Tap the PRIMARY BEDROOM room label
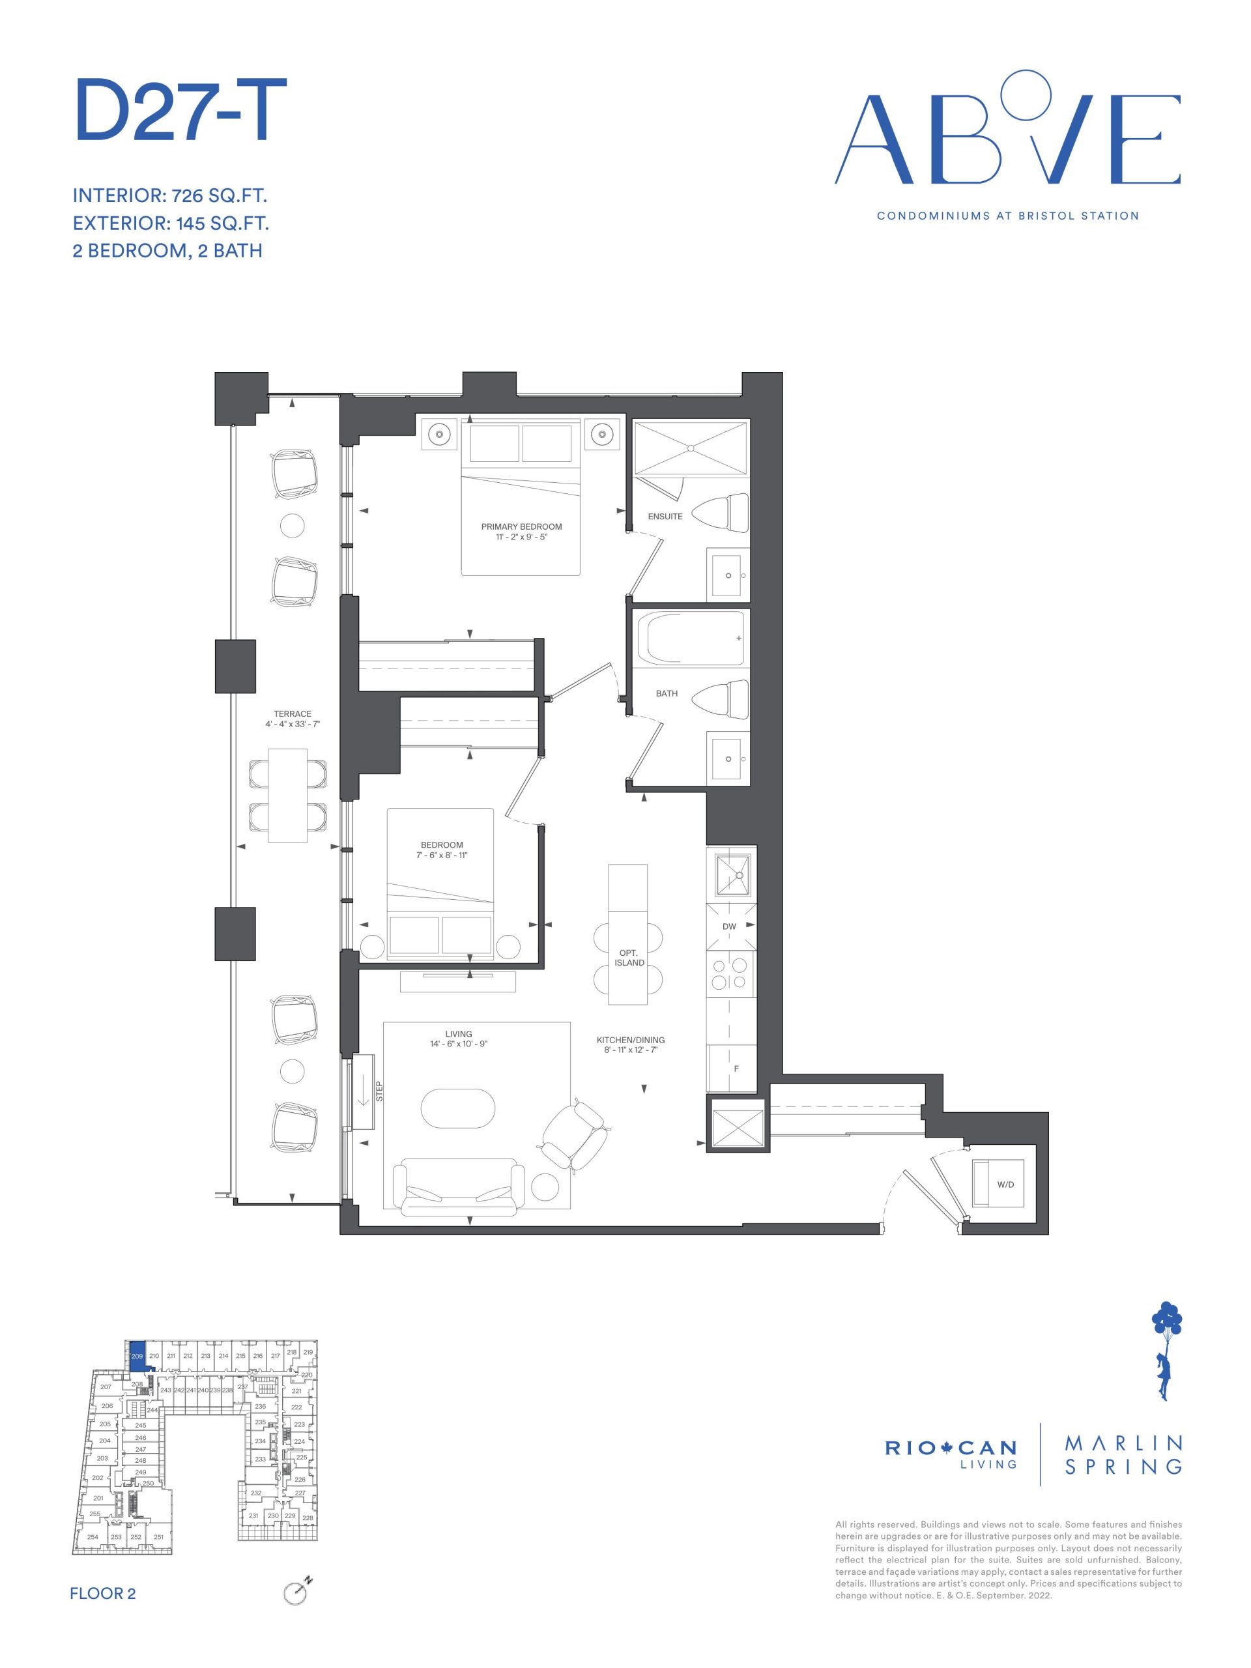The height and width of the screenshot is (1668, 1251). click(x=521, y=526)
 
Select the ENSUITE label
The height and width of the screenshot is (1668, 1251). click(x=665, y=517)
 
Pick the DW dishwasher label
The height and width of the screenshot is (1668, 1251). click(x=729, y=926)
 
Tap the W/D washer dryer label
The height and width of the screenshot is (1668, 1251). click(x=1005, y=1185)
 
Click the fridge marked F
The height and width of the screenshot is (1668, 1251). click(x=730, y=1068)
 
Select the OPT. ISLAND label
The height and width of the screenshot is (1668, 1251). click(x=629, y=958)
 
